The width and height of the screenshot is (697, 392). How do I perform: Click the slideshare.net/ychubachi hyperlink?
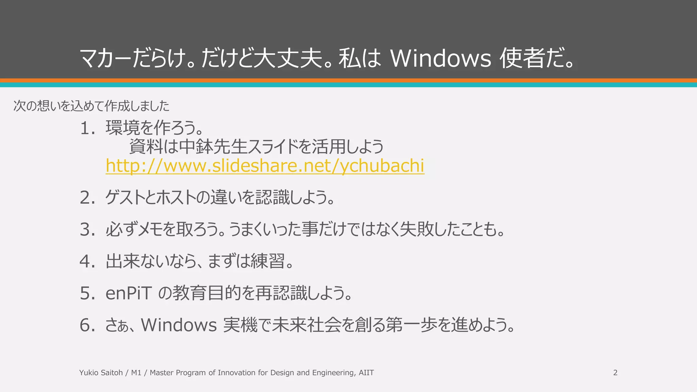pos(265,166)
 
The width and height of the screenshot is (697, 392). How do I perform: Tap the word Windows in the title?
pos(440,58)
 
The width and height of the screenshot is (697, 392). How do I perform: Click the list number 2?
pos(87,198)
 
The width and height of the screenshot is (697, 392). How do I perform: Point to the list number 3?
pos(87,229)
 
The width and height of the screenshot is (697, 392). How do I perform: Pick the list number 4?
pos(87,261)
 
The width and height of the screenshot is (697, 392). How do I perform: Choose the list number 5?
pos(87,293)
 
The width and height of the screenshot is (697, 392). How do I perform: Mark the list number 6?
pos(87,325)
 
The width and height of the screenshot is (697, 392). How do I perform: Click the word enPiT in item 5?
pos(128,293)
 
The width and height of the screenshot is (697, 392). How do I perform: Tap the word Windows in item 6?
pos(179,325)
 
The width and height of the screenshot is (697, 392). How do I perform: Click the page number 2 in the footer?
pos(615,373)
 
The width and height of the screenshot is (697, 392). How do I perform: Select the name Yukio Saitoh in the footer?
pos(101,373)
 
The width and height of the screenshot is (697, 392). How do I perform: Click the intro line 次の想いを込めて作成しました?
pos(91,106)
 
